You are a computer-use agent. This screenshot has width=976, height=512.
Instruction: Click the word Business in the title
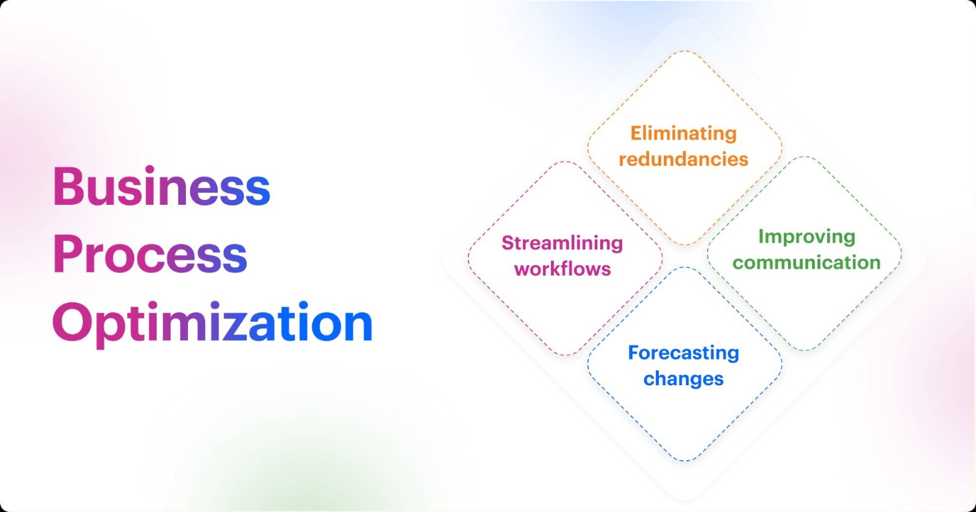click(x=162, y=186)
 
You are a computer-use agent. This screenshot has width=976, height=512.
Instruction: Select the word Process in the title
click(x=150, y=254)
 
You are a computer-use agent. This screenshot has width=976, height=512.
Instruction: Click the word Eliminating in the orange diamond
click(x=683, y=134)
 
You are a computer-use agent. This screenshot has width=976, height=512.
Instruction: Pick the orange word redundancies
click(x=683, y=159)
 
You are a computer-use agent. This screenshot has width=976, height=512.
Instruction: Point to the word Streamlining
click(x=562, y=243)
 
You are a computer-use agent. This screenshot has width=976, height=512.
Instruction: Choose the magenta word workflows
click(x=562, y=269)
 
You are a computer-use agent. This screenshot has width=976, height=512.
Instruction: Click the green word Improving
click(x=806, y=237)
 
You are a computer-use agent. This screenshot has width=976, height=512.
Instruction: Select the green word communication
click(x=806, y=263)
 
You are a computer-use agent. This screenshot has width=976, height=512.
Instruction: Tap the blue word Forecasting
click(x=683, y=353)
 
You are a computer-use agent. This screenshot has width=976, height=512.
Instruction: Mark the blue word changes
click(x=683, y=379)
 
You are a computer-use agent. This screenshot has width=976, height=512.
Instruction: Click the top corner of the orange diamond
click(x=684, y=51)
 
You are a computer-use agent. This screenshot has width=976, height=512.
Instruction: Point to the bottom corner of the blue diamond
click(x=684, y=461)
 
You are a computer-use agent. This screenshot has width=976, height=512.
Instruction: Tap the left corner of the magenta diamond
click(x=468, y=258)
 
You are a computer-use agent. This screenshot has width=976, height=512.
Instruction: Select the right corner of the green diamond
click(x=901, y=254)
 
